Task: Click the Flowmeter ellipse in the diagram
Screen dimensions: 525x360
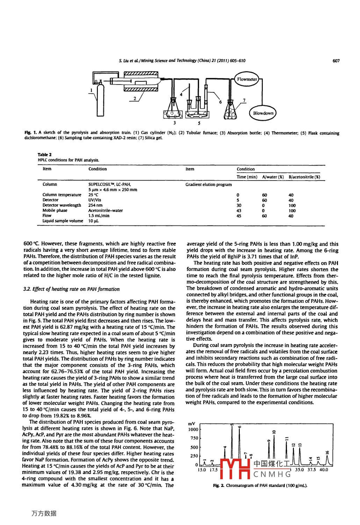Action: click(247, 79)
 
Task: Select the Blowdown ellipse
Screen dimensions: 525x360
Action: click(263, 113)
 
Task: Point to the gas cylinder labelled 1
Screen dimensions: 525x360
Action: click(101, 100)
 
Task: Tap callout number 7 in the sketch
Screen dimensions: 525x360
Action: click(244, 100)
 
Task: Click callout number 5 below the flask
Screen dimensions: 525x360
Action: click(199, 123)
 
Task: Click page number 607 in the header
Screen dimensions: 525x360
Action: click(336, 61)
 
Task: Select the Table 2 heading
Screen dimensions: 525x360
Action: click(45, 154)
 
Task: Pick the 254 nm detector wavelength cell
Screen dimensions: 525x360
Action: click(95, 205)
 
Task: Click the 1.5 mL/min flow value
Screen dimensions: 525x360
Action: click(99, 216)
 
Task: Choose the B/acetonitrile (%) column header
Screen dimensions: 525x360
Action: click(304, 177)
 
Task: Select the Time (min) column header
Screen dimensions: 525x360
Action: click(247, 177)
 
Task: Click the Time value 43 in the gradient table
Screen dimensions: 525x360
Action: click(239, 211)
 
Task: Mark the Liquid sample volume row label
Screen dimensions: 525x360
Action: click(63, 221)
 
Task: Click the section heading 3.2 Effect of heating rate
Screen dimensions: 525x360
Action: click(71, 289)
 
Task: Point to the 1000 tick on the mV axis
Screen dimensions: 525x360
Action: click(193, 430)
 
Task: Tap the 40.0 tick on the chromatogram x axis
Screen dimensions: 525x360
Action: click(324, 470)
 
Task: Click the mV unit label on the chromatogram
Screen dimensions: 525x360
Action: click(192, 424)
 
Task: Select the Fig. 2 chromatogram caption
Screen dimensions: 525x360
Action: click(260, 486)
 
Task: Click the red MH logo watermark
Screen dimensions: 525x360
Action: click(235, 468)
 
